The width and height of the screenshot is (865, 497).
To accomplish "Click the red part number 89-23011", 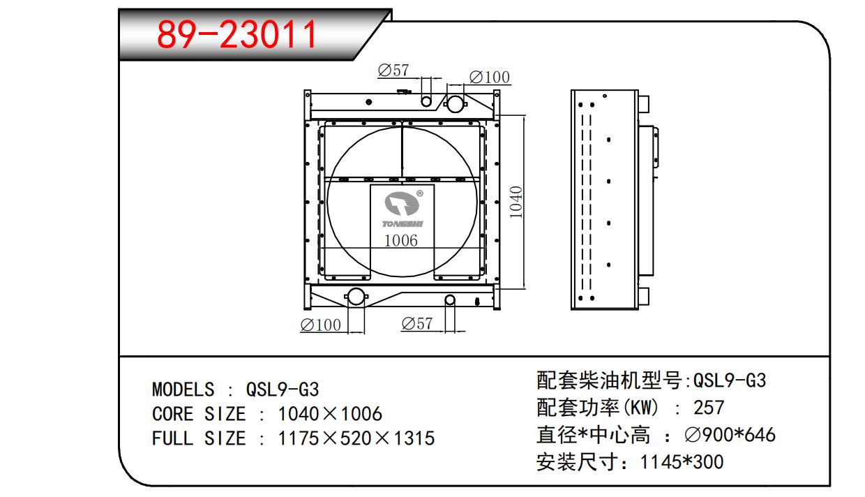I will (237, 34).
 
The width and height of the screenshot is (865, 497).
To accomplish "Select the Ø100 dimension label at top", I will (489, 77).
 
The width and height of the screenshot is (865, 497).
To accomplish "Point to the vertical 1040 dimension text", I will (516, 202).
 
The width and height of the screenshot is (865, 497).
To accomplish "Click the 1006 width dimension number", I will (401, 241).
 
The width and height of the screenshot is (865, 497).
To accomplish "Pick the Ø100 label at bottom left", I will (320, 325).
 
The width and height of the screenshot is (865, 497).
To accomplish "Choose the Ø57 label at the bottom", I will (416, 324).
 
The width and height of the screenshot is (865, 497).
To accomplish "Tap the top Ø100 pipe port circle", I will (454, 104).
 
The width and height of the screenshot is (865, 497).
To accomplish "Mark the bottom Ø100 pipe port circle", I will (356, 296).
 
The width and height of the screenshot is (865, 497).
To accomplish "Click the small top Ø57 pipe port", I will (426, 102).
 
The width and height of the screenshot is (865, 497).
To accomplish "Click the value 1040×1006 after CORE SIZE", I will (330, 414).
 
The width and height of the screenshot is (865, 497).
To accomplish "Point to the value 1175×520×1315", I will (356, 438).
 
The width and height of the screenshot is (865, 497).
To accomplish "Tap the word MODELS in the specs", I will (183, 389).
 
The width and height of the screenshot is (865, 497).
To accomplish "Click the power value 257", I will (709, 407).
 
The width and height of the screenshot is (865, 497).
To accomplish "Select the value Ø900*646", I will (730, 435).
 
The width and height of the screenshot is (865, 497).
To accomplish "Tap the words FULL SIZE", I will (199, 438).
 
